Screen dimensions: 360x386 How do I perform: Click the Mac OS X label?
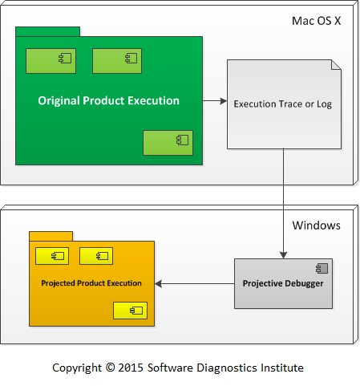click(x=316, y=21)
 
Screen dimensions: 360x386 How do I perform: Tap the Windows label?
click(x=317, y=226)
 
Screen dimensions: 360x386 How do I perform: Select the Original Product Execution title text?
click(x=108, y=101)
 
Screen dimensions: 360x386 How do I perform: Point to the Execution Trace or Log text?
click(x=283, y=104)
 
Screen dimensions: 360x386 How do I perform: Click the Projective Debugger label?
click(x=283, y=283)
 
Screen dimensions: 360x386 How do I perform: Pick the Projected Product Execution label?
click(x=91, y=283)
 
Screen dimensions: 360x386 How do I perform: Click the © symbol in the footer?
click(x=110, y=368)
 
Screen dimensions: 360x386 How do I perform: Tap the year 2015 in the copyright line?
click(x=131, y=368)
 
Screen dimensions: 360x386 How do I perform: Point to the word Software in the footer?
click(x=170, y=368)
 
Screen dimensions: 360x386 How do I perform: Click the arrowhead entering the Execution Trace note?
click(x=224, y=101)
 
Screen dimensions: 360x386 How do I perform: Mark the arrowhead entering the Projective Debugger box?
click(x=283, y=254)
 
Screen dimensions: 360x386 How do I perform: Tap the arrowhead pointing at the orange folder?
click(x=158, y=284)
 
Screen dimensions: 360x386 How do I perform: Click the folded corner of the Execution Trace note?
click(x=336, y=65)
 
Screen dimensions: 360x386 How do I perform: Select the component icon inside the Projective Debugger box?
click(x=322, y=268)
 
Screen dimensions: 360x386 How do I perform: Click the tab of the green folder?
click(x=47, y=31)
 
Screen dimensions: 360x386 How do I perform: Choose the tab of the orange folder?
click(x=51, y=236)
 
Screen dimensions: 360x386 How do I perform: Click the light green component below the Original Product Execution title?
click(x=168, y=143)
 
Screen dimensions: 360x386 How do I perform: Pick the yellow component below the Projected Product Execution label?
click(x=130, y=311)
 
